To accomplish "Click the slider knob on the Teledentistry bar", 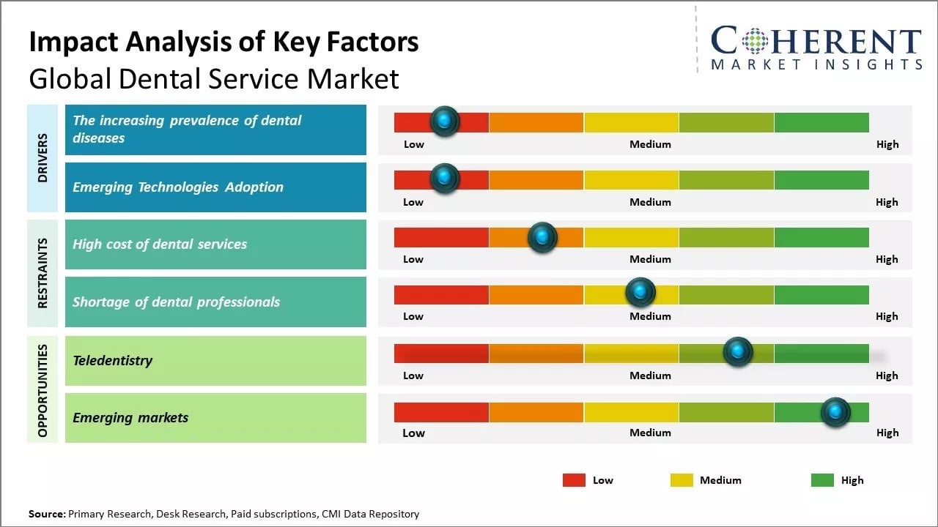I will pyautogui.click(x=737, y=352).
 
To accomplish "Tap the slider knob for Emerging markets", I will pyautogui.click(x=835, y=412).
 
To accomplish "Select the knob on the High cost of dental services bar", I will pyautogui.click(x=542, y=237).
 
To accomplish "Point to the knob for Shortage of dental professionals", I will pyautogui.click(x=640, y=293).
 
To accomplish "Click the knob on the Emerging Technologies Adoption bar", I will pyautogui.click(x=444, y=179).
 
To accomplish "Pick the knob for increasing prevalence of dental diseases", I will pyautogui.click(x=444, y=121).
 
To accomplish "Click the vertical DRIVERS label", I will pyautogui.click(x=43, y=157).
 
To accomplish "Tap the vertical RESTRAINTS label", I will pyautogui.click(x=43, y=273).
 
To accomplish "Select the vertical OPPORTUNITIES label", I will pyautogui.click(x=43, y=390).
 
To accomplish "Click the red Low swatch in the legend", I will pyautogui.click(x=574, y=480).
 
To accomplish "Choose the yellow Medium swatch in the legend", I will pyautogui.click(x=682, y=480).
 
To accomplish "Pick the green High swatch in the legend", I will pyautogui.click(x=822, y=480).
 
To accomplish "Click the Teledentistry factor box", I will pyautogui.click(x=215, y=360).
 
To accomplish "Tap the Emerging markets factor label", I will pyautogui.click(x=130, y=418).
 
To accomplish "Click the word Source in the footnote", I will pyautogui.click(x=46, y=514).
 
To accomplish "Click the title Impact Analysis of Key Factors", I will pyautogui.click(x=224, y=42).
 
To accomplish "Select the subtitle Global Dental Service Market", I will pyautogui.click(x=214, y=78).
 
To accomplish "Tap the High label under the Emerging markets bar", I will pyautogui.click(x=887, y=433).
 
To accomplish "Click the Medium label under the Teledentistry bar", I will pyautogui.click(x=650, y=375).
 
